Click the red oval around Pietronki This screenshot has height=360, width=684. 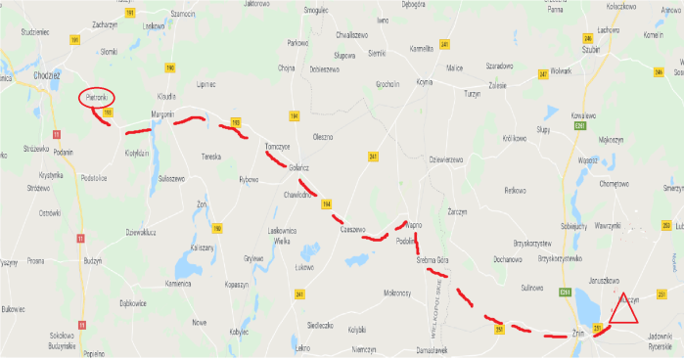pyautogui.click(x=96, y=98)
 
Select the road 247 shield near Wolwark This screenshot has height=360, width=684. pyautogui.click(x=543, y=74)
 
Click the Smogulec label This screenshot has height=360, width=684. pyautogui.click(x=315, y=10)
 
